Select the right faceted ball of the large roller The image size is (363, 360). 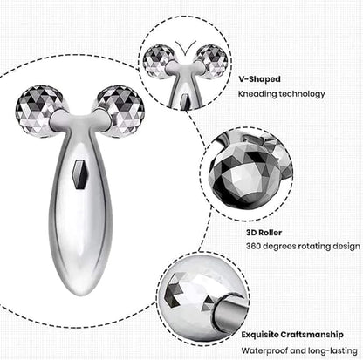(x=122, y=109)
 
